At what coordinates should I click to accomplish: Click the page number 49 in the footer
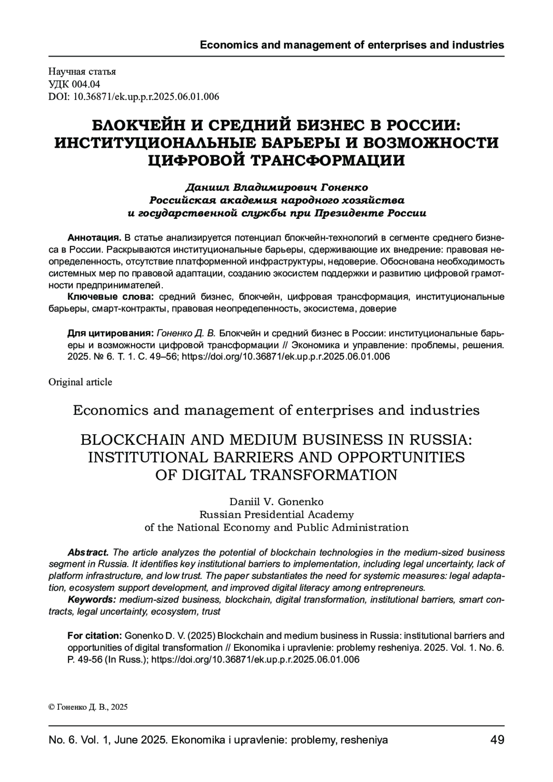[x=497, y=740]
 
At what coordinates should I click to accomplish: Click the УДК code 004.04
[x=86, y=84]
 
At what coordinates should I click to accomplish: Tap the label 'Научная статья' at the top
[x=82, y=71]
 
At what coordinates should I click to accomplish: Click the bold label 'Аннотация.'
[x=94, y=238]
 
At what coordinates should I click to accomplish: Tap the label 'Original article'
[x=80, y=382]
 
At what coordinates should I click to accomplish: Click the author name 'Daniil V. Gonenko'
[x=276, y=502]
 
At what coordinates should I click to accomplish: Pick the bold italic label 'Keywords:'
[x=92, y=600]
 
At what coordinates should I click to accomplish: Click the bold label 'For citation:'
[x=94, y=636]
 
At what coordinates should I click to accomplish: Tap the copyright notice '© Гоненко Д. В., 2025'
[x=88, y=707]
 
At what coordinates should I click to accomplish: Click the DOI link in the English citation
[x=255, y=659]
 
